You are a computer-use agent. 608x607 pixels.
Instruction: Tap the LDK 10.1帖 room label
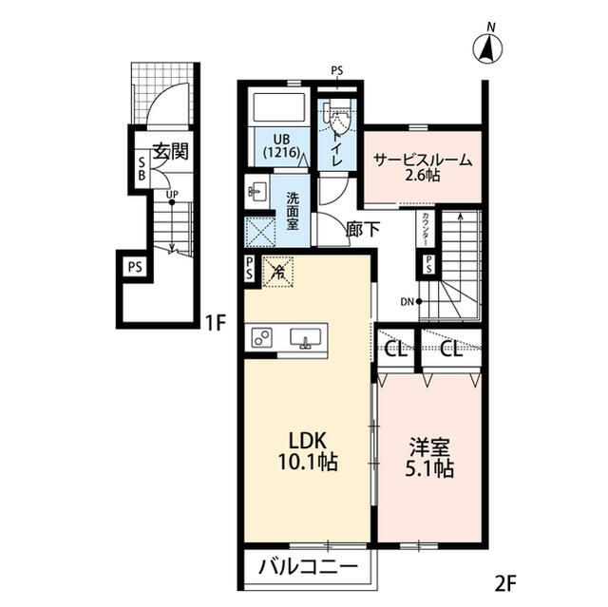[308, 451]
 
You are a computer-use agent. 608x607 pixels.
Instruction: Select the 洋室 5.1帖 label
[429, 457]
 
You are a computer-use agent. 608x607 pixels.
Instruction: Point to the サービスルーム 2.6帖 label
[423, 167]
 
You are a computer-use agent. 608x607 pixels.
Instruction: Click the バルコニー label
[308, 568]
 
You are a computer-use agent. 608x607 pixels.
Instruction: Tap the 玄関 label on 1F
[171, 151]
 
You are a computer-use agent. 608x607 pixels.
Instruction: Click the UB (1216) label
[281, 145]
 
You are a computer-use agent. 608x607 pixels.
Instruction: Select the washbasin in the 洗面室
[257, 191]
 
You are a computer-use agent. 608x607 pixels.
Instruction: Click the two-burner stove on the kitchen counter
[262, 337]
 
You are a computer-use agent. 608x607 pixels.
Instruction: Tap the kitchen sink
[306, 338]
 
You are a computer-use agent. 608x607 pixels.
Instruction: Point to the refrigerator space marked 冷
[277, 272]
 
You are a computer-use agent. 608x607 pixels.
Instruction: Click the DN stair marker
[411, 301]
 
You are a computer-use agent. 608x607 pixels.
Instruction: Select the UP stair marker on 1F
[172, 197]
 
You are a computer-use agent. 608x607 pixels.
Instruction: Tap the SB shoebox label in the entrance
[142, 169]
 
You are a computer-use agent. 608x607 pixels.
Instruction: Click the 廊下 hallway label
[363, 230]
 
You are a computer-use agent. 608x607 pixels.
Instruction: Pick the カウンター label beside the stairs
[426, 230]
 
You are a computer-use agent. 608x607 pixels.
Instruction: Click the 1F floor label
[216, 323]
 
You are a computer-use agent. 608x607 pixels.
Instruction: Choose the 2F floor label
[505, 582]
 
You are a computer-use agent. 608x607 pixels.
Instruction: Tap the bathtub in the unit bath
[278, 106]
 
